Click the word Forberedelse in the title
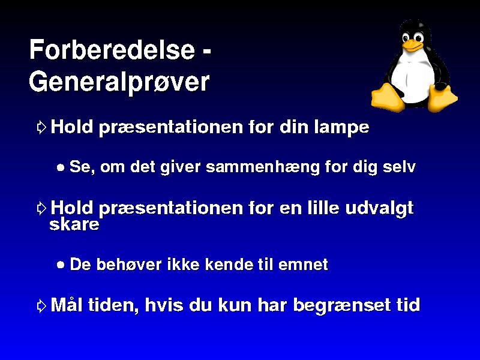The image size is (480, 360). tap(112, 50)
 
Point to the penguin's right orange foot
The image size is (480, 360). tap(442, 98)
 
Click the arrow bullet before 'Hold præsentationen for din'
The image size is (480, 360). tap(41, 127)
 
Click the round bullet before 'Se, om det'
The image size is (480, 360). tap(61, 167)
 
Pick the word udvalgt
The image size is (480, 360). tap(379, 208)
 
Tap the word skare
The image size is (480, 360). tap(74, 224)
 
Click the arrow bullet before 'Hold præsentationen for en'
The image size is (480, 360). tap(41, 208)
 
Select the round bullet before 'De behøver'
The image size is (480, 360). tap(61, 265)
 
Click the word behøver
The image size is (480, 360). tap(129, 264)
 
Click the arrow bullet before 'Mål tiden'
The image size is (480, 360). tap(41, 305)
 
